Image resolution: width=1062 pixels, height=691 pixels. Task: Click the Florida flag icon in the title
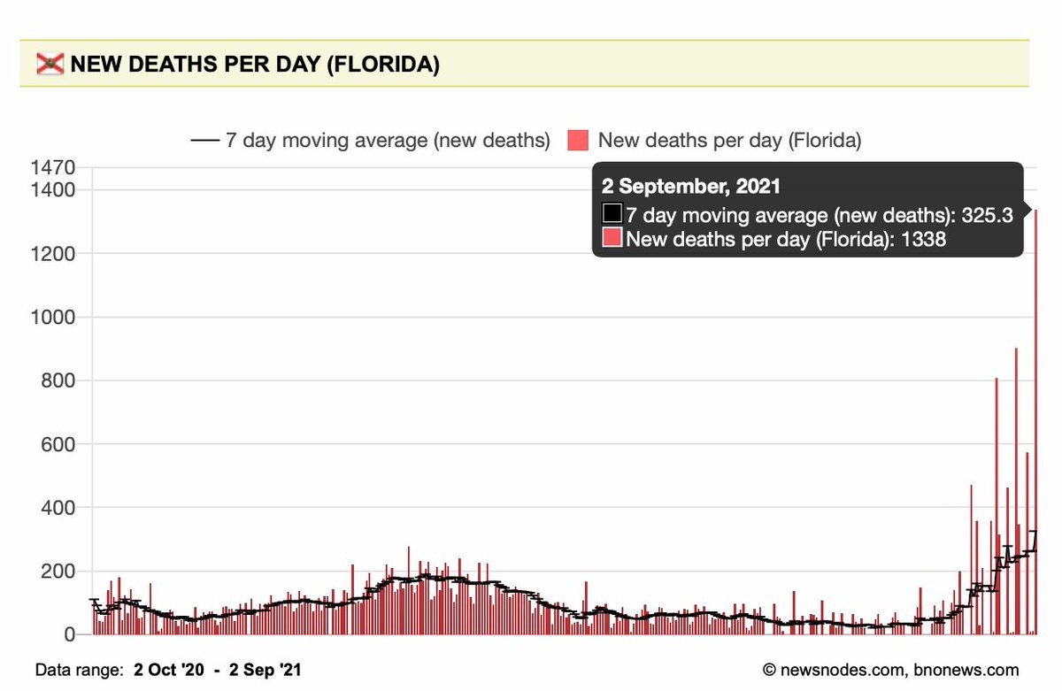pos(50,65)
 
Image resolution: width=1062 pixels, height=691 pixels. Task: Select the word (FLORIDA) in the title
pos(382,65)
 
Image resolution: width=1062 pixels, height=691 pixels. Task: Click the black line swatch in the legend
pos(204,140)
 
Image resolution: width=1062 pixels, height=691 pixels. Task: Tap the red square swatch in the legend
pos(579,140)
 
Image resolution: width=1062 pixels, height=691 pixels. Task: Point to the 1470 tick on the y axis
pos(54,167)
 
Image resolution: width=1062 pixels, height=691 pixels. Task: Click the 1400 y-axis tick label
pos(54,190)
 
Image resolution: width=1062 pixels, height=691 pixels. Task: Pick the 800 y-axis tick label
pos(58,381)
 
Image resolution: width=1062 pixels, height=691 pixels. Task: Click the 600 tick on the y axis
pos(58,444)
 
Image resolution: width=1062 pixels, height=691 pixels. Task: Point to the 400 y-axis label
pos(58,508)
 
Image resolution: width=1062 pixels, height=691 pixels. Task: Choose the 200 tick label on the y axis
pos(58,572)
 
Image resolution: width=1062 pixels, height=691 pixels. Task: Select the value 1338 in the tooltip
pos(923,239)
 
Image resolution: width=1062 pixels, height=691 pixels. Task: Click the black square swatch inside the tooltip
pos(612,214)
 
